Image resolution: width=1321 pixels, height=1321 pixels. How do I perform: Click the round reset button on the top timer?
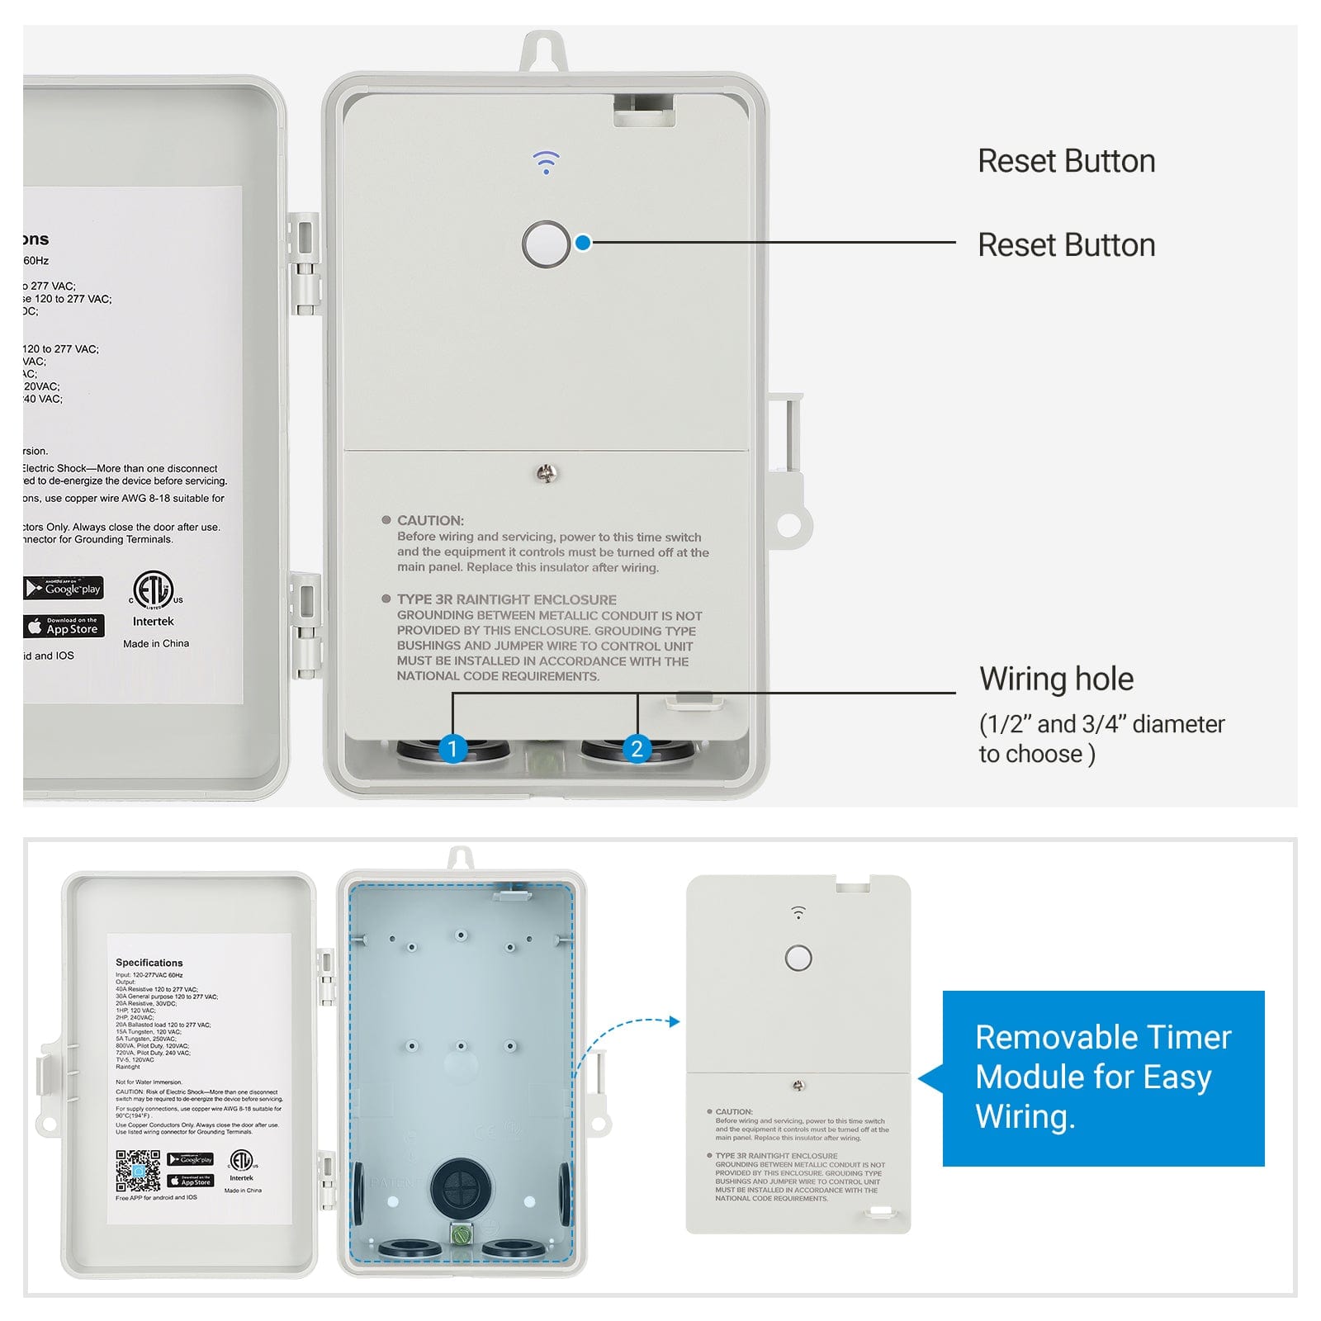546,244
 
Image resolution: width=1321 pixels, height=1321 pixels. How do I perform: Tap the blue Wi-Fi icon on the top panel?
546,162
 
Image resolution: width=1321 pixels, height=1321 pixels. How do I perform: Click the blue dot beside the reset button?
583,243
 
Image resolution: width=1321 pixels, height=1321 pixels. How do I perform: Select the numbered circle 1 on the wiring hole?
452,749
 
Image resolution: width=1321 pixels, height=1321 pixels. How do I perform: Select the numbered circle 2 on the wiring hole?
637,749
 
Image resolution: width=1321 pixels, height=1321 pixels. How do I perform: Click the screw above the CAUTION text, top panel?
547,473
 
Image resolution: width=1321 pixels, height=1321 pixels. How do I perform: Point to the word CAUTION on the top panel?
430,520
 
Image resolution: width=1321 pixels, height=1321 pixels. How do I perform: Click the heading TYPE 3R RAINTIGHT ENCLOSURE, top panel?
506,599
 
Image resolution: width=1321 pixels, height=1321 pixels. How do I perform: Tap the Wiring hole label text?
1056,679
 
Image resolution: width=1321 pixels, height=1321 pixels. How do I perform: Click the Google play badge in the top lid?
64,588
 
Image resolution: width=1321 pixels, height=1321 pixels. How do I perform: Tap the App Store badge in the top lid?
64,626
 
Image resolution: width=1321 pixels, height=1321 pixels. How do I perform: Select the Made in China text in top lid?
156,643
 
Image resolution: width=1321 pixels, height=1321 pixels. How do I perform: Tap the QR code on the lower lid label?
138,1171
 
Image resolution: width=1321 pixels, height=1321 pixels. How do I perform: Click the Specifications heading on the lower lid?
149,963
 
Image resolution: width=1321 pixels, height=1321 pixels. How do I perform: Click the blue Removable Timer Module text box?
1103,1077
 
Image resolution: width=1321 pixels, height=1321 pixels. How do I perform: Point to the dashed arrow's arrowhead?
675,1021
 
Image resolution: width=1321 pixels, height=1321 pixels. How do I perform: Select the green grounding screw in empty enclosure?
461,1234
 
